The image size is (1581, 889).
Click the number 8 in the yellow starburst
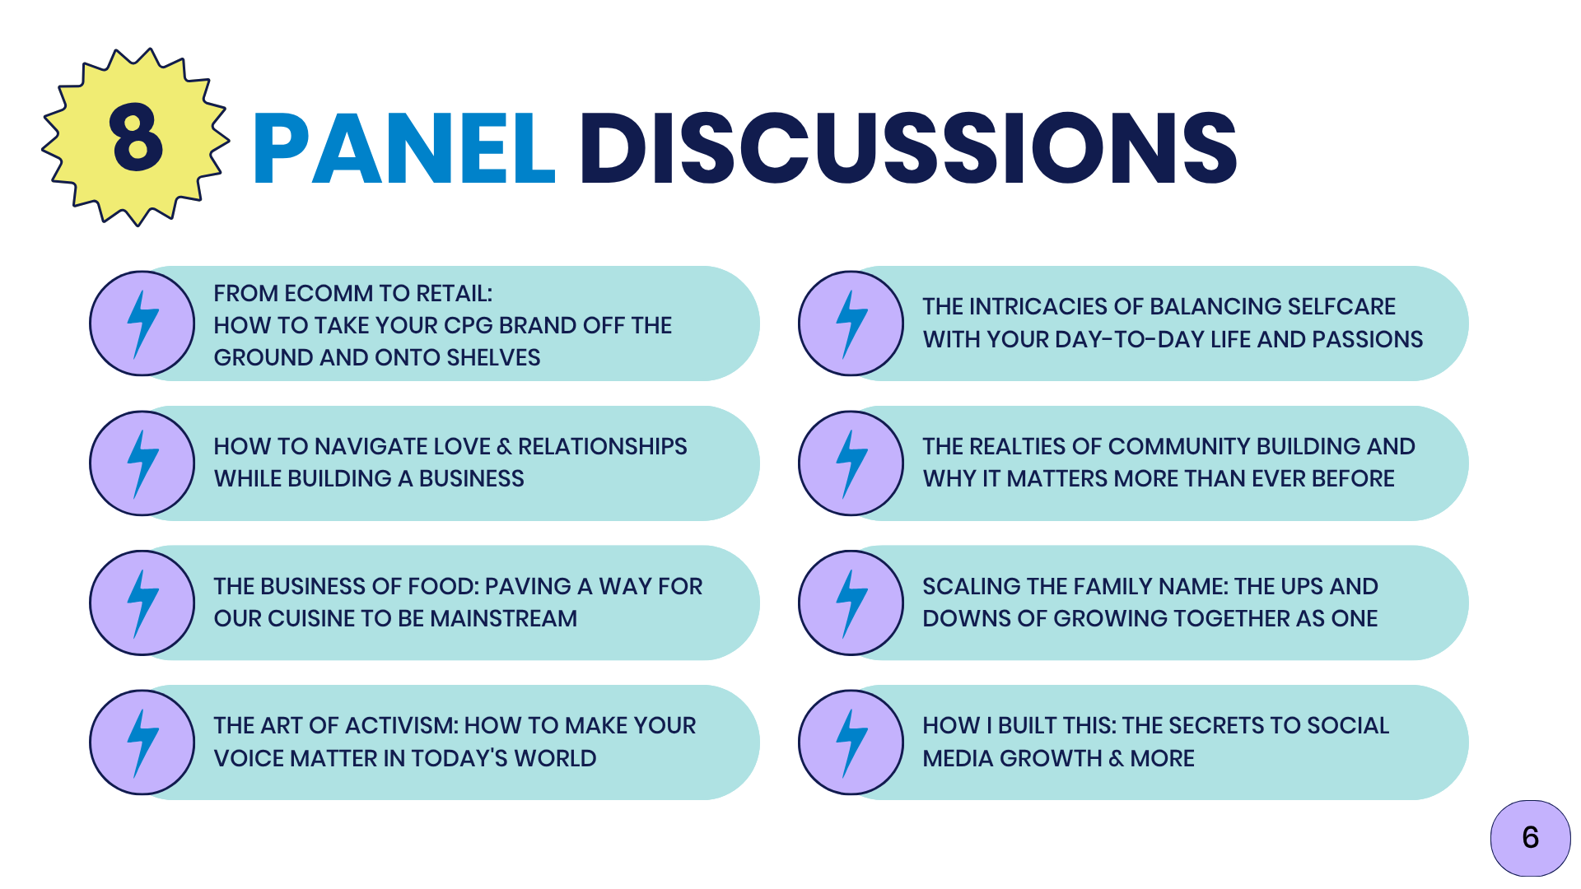click(x=136, y=137)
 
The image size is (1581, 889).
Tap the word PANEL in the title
click(x=404, y=148)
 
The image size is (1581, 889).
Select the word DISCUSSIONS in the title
click(x=908, y=148)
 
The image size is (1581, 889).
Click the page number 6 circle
click(x=1530, y=838)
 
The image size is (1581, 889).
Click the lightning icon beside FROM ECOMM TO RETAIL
click(x=142, y=323)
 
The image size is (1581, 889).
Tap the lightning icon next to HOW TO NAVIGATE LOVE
click(x=142, y=463)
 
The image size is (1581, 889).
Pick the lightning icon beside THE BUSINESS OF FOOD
click(x=142, y=603)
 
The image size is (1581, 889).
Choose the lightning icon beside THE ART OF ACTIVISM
click(x=142, y=742)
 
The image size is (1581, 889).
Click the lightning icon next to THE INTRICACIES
click(x=851, y=323)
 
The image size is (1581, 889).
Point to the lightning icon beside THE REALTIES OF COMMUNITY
click(x=851, y=463)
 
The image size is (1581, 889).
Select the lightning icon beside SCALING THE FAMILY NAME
click(x=851, y=603)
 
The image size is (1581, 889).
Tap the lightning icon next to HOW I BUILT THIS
click(x=851, y=742)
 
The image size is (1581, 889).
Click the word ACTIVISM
click(x=401, y=726)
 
